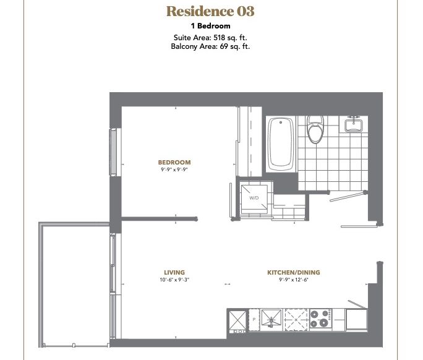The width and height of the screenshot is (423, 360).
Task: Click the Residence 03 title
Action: tap(210, 11)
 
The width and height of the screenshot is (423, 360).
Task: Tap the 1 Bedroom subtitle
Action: tap(211, 26)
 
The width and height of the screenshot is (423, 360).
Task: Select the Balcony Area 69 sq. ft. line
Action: tap(210, 46)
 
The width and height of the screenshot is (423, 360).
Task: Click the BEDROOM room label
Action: tap(174, 163)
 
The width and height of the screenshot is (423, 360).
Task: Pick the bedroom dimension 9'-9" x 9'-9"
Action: tap(174, 169)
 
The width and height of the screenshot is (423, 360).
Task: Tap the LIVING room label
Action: tap(174, 273)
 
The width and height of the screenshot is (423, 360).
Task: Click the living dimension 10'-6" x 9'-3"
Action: tap(174, 280)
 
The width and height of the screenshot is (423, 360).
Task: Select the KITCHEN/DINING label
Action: tap(294, 273)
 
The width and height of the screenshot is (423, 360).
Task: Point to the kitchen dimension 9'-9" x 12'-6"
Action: tap(294, 280)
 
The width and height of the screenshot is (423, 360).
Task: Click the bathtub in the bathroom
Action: tap(281, 144)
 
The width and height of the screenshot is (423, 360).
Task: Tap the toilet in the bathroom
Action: tap(315, 129)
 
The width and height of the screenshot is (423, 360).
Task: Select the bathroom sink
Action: tap(353, 124)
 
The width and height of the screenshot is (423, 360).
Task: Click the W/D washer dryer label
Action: tap(254, 198)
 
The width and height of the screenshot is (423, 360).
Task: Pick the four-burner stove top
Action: tap(321, 319)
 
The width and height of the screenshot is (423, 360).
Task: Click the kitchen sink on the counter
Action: tap(271, 319)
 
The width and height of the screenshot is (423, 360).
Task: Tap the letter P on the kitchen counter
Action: tap(254, 320)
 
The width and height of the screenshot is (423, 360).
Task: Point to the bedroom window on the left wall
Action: tap(113, 152)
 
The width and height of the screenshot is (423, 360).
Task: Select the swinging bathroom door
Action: tap(348, 197)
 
